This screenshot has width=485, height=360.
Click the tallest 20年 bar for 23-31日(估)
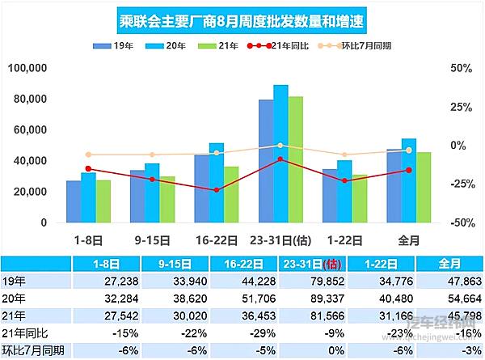click(x=280, y=154)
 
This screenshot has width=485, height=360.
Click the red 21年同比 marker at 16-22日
click(x=217, y=190)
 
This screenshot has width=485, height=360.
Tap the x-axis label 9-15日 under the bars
click(x=152, y=239)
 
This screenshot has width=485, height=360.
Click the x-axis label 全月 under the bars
click(x=408, y=239)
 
